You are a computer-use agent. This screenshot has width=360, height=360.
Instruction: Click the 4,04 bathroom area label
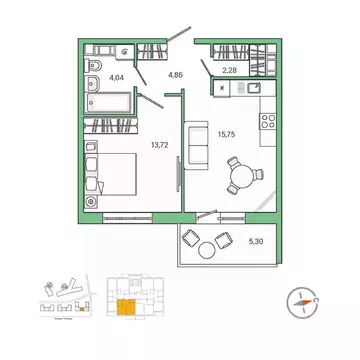(x=117, y=76)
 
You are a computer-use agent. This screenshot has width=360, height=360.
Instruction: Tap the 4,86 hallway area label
(x=175, y=74)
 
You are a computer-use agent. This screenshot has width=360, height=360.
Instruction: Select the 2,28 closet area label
(x=229, y=70)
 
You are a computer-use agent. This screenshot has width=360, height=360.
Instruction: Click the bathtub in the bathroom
(x=109, y=102)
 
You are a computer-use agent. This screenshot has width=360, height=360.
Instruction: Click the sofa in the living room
(x=196, y=147)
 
